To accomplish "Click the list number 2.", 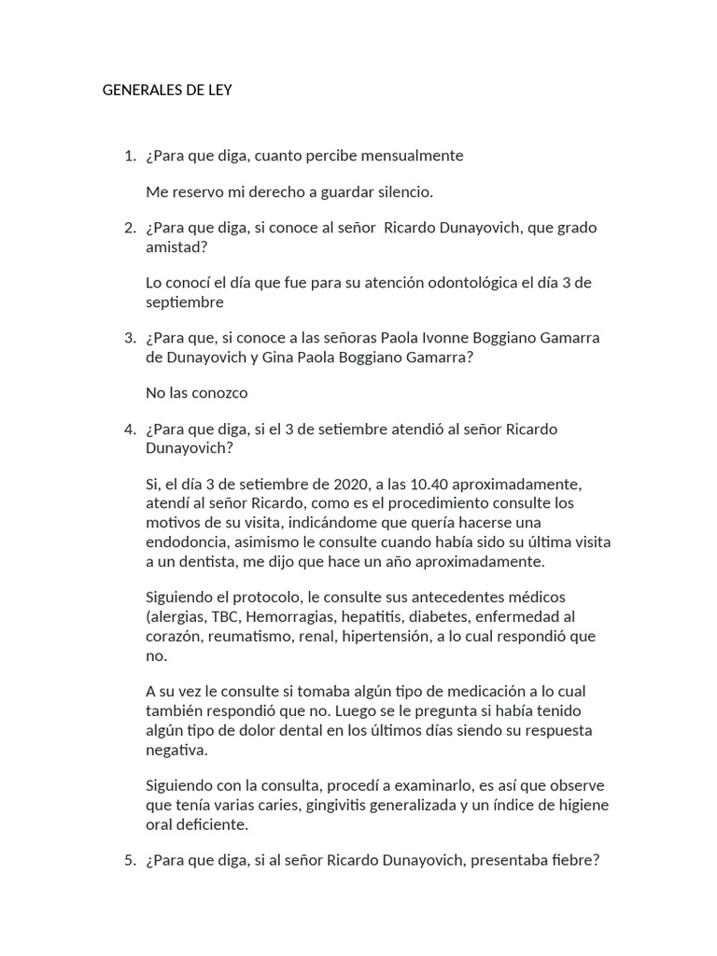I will pos(129,228).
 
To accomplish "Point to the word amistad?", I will pos(177,246).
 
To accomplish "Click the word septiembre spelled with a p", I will pos(185,302).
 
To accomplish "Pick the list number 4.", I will pos(129,429).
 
